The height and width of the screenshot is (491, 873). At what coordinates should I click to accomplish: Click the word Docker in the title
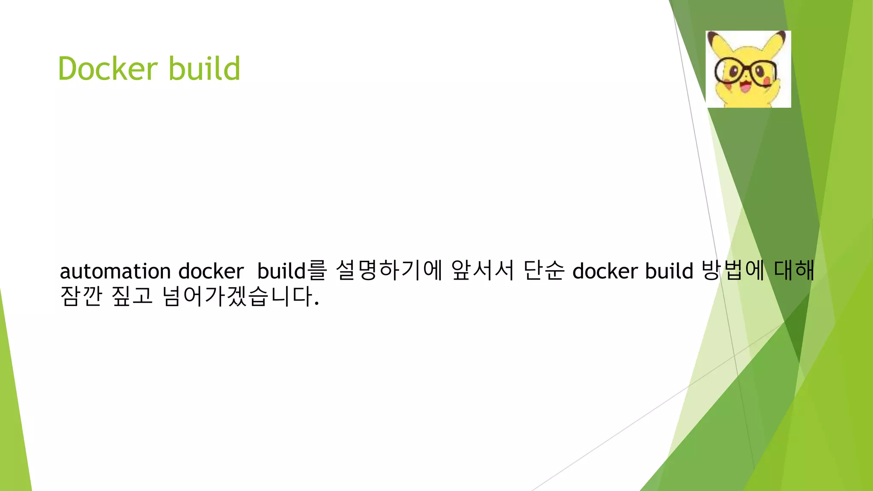pos(108,68)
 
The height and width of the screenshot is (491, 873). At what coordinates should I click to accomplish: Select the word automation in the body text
pos(115,271)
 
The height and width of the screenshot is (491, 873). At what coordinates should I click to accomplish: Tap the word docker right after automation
pos(211,271)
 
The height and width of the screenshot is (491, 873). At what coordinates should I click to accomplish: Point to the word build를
pos(292,271)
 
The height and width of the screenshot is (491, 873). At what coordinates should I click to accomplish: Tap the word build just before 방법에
pos(669,271)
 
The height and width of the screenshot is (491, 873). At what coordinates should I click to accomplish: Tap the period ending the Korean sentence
pos(316,303)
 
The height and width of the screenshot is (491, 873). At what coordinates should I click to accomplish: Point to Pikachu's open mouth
pos(746,87)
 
